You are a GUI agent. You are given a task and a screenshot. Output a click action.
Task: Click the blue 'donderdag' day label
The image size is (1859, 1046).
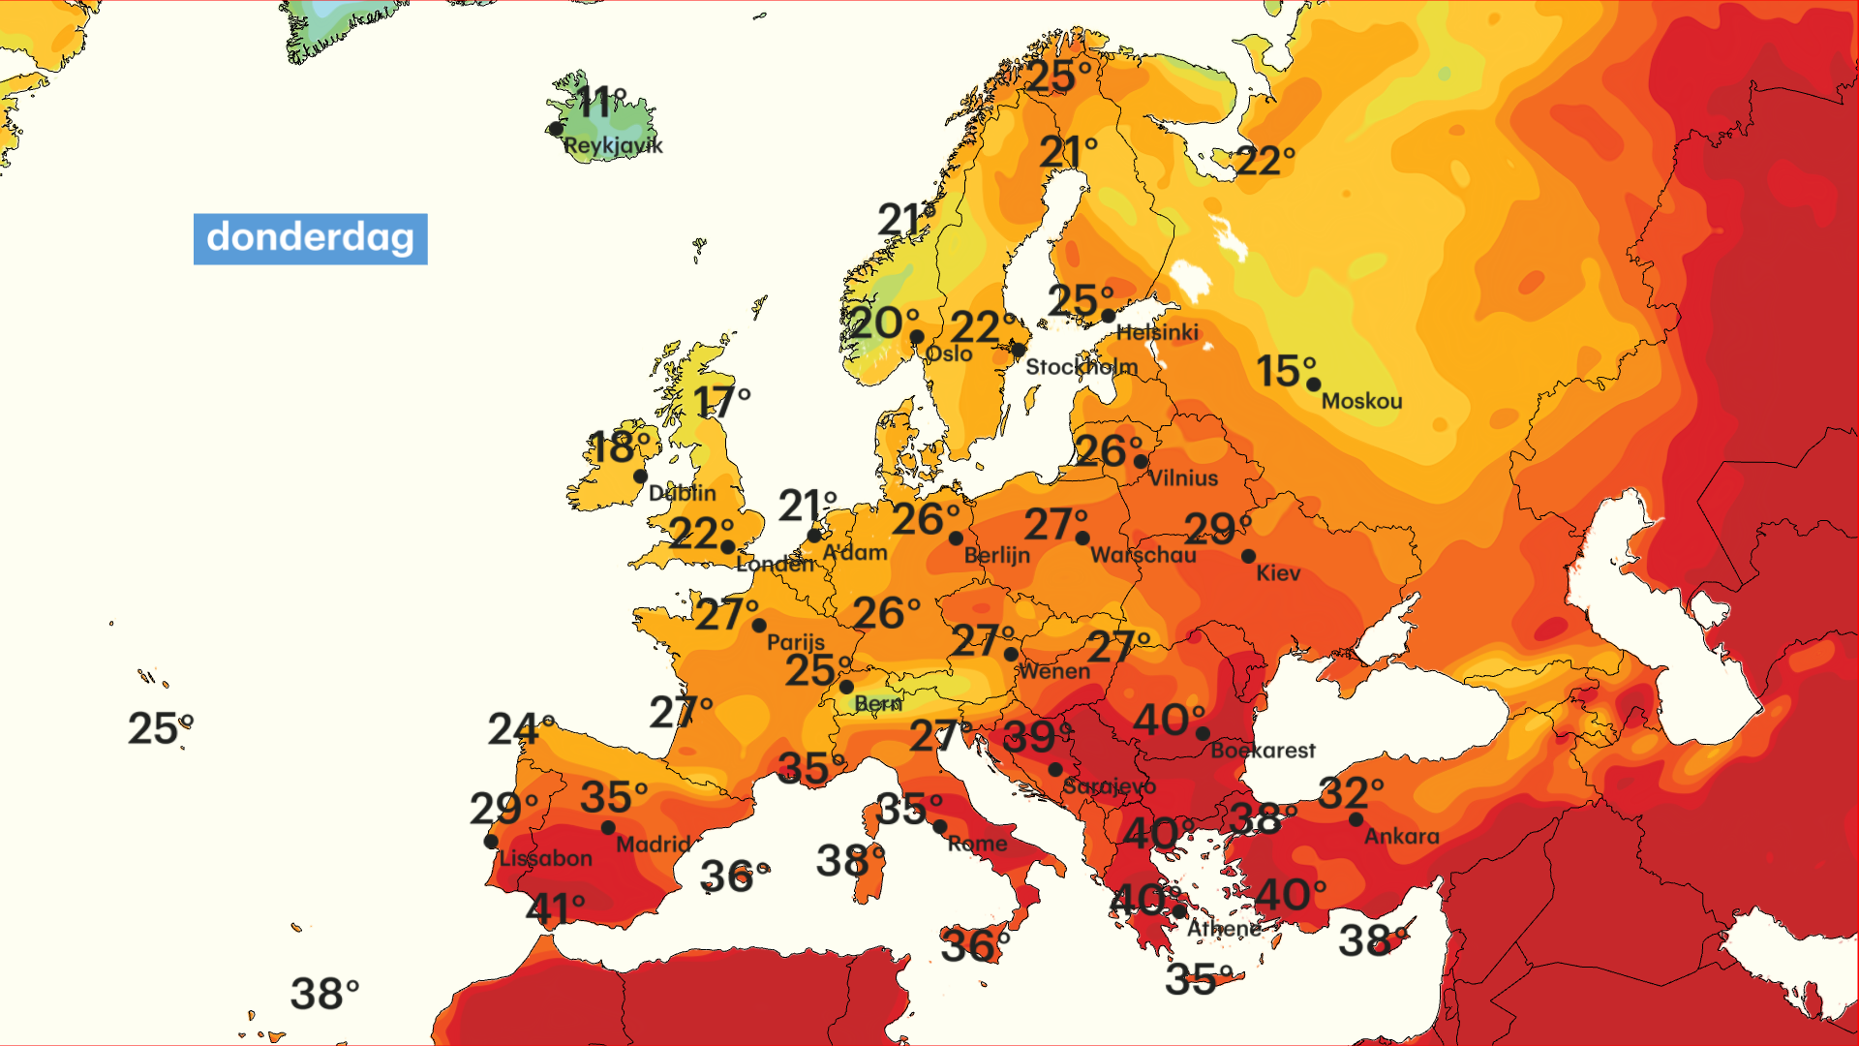tap(310, 238)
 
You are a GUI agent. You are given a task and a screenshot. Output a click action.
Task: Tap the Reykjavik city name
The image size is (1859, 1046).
tap(613, 146)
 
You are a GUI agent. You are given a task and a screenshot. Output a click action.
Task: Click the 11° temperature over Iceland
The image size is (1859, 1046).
tap(601, 102)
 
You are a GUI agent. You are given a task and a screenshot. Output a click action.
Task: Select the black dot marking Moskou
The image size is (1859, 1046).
tap(1313, 385)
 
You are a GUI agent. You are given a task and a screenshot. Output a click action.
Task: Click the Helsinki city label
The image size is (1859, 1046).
tap(1157, 332)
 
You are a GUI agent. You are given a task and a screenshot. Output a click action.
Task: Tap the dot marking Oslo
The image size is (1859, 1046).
tap(916, 337)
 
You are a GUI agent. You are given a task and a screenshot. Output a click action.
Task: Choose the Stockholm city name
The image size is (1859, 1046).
tap(1082, 367)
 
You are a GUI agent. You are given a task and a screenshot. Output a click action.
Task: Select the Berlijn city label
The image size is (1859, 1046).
tap(996, 555)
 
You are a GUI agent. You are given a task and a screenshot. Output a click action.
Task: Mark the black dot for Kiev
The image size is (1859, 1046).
tap(1248, 556)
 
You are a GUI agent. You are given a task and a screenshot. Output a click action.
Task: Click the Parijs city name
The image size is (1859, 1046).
tap(796, 642)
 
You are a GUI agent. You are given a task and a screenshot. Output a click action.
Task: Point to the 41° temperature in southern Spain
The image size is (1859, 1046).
tap(555, 909)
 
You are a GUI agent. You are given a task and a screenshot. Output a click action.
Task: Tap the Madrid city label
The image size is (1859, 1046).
tap(654, 845)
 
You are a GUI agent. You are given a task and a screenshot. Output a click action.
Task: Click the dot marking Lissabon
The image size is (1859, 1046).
tap(491, 842)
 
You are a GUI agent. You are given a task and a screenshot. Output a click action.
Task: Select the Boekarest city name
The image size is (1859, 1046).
tap(1263, 751)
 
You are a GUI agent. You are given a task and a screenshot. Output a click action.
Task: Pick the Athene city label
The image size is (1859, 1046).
tap(1224, 929)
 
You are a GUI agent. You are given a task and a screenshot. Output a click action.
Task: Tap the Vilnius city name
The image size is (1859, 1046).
tap(1183, 477)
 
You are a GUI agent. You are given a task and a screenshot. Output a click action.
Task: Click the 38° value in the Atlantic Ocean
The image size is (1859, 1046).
tap(324, 995)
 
